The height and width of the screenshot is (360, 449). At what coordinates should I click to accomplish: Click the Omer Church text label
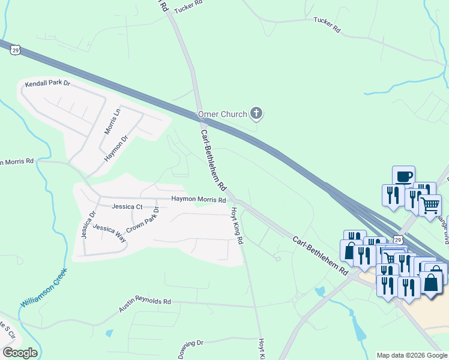pyautogui.click(x=223, y=114)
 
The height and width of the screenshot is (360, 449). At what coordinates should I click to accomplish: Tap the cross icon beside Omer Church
pyautogui.click(x=256, y=113)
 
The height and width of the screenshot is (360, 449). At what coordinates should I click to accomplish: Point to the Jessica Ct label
pyautogui.click(x=127, y=206)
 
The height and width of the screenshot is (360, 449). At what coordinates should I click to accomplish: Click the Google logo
pyautogui.click(x=19, y=353)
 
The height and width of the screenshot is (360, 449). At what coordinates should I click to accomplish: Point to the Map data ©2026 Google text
pyautogui.click(x=412, y=355)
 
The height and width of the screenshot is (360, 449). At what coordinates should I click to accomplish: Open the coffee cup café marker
pyautogui.click(x=403, y=176)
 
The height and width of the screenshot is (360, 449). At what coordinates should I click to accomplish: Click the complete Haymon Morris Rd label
pyautogui.click(x=199, y=199)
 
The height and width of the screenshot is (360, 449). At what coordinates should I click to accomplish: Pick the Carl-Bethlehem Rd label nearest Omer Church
pyautogui.click(x=212, y=157)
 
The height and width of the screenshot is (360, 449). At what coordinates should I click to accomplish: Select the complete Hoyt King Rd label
pyautogui.click(x=236, y=226)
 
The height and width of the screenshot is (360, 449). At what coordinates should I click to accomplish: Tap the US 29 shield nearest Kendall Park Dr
pyautogui.click(x=16, y=51)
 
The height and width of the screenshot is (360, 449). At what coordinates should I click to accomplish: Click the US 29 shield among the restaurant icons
pyautogui.click(x=398, y=239)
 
